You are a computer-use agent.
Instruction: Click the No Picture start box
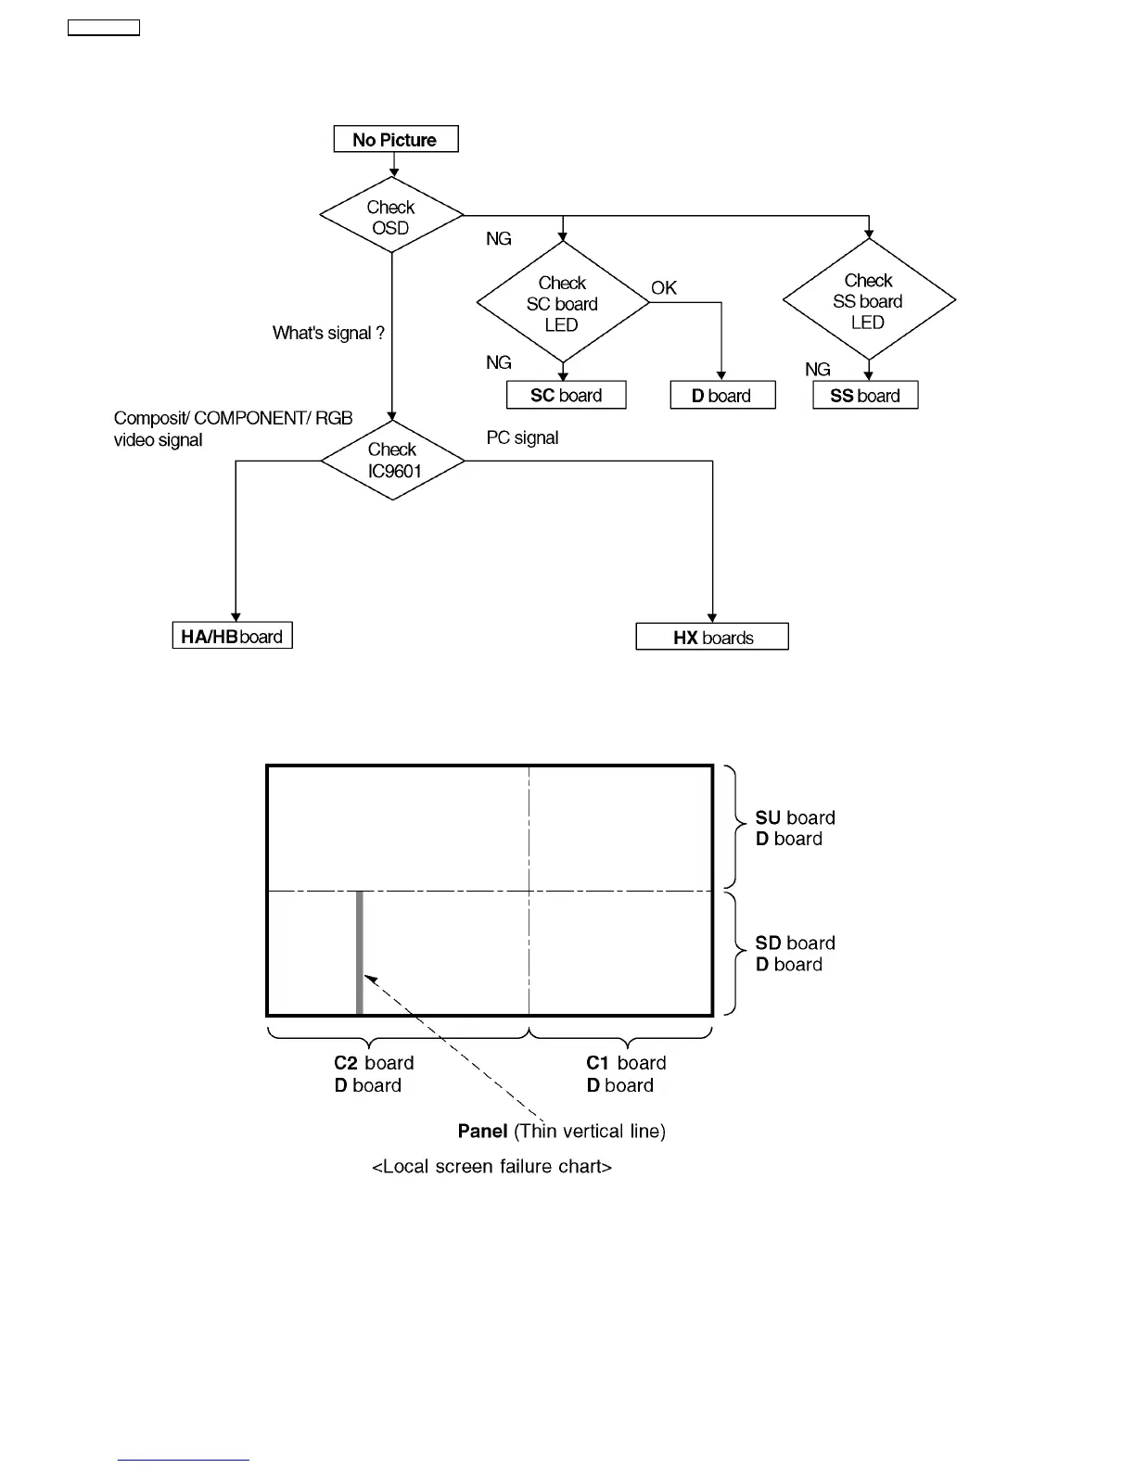pos(396,140)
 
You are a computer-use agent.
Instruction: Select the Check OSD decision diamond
pos(391,217)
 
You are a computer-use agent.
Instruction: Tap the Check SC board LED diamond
pos(563,303)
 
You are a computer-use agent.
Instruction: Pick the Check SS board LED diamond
pos(869,300)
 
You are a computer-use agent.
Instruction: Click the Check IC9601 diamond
pos(393,461)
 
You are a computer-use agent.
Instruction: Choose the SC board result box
pos(567,396)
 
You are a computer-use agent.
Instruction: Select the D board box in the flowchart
pos(722,396)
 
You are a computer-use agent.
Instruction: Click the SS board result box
pos(865,396)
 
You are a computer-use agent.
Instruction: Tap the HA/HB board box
pos(233,637)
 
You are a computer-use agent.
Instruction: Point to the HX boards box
pos(712,638)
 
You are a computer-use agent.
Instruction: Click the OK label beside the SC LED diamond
pos(664,288)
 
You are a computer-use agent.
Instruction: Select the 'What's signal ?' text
pos(328,334)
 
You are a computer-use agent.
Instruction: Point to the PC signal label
pos(523,437)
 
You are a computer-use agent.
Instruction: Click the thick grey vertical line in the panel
pos(360,953)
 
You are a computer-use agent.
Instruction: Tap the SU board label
pos(795,818)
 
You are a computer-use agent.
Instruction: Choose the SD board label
pos(795,943)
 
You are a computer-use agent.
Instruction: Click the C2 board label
pos(374,1063)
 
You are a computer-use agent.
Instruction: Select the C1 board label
pos(626,1063)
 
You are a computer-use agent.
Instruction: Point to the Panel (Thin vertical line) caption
pos(562,1132)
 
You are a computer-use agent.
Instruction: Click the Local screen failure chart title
pos(491,1167)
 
